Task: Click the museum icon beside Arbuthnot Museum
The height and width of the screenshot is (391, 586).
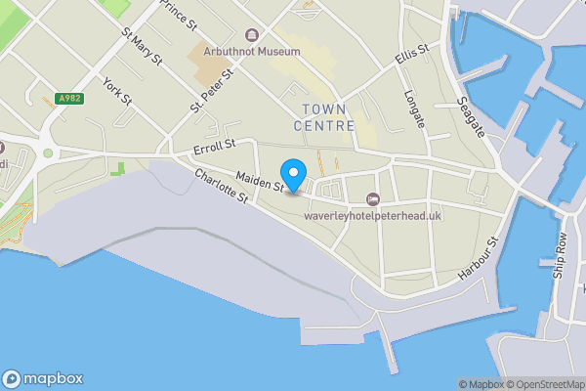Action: (253, 35)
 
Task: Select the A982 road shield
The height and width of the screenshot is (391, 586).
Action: (69, 99)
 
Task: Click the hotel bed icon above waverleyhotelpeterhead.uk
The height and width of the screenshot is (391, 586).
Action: (371, 199)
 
